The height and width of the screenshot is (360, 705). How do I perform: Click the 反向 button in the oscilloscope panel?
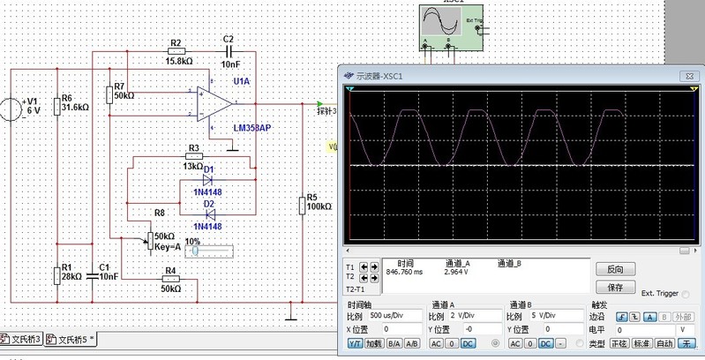pos(615,269)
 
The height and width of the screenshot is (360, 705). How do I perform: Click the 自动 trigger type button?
pos(664,342)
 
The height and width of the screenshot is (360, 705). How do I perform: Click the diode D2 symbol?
pos(209,213)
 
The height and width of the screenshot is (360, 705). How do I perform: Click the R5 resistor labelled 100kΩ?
pos(302,205)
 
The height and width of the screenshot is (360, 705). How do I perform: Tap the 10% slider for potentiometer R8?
pos(212,251)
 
